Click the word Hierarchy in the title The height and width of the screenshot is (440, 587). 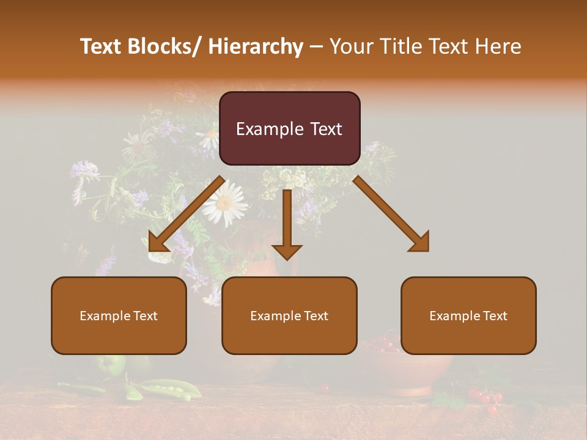point(256,46)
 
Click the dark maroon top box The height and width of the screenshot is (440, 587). point(289,128)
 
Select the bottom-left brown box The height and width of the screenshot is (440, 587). point(119,315)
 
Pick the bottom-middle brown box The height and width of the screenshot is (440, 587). point(289,315)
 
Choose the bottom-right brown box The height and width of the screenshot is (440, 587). point(468,315)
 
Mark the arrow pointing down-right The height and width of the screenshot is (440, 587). point(392,214)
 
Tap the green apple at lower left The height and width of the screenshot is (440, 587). point(110,365)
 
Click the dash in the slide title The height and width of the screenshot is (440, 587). point(317,46)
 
